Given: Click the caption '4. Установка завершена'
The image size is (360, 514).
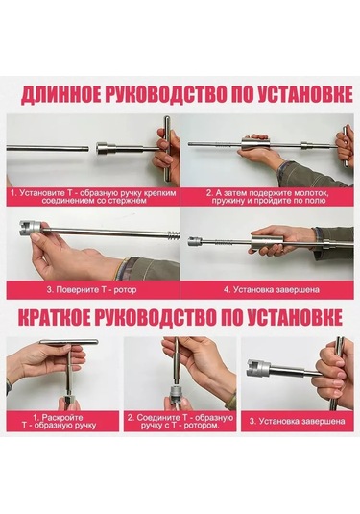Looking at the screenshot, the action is [x=272, y=290].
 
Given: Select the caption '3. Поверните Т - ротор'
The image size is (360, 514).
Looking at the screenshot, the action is [x=91, y=290].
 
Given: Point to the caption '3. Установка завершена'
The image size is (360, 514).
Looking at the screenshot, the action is [x=297, y=421].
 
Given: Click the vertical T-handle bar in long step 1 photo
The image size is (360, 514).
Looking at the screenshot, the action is [x=167, y=149].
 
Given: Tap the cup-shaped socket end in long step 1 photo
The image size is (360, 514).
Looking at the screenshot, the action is [x=106, y=148].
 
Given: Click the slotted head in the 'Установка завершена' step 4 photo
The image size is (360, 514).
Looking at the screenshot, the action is [x=195, y=241].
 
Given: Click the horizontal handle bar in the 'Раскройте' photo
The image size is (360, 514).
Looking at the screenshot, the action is [x=69, y=342].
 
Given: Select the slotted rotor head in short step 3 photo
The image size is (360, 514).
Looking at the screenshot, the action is [x=258, y=367].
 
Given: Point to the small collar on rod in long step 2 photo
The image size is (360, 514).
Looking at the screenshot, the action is [x=304, y=145].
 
